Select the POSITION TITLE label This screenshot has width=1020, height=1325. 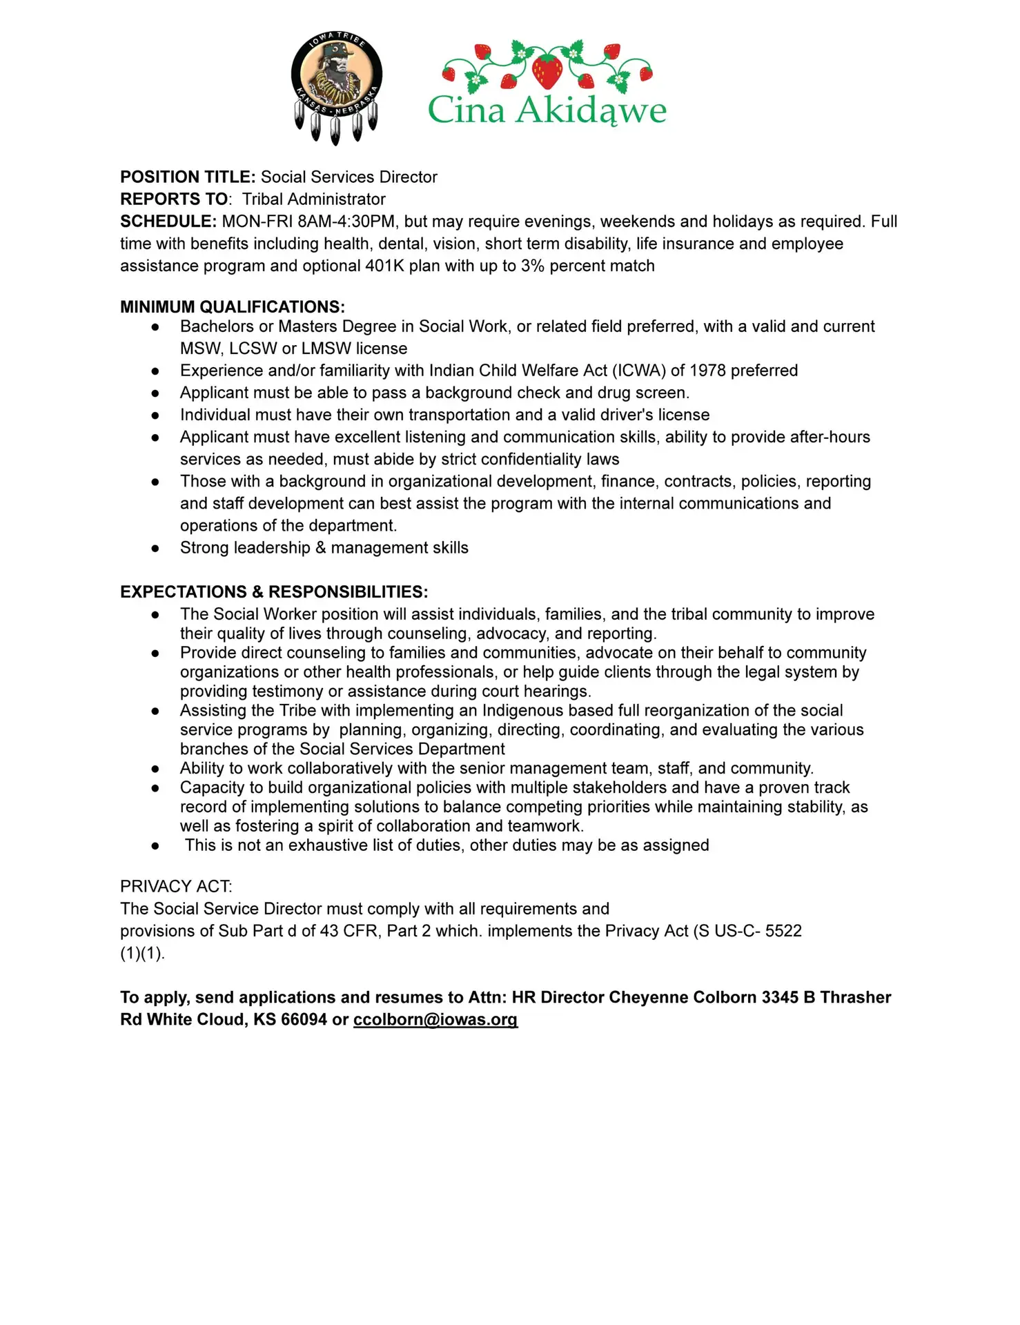click(188, 177)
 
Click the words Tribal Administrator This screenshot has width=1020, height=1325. click(314, 199)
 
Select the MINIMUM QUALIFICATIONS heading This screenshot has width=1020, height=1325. click(233, 307)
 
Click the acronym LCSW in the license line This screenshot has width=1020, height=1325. click(253, 349)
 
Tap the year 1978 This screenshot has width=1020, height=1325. click(707, 371)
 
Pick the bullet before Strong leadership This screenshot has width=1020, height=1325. click(156, 549)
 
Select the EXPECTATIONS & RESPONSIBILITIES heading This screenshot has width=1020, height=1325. click(274, 592)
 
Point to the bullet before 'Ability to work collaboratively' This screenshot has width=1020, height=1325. click(156, 769)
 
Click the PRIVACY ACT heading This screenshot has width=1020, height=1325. click(176, 886)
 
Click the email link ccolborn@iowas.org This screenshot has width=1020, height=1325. click(435, 1020)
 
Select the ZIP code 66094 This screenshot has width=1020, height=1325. click(304, 1020)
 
